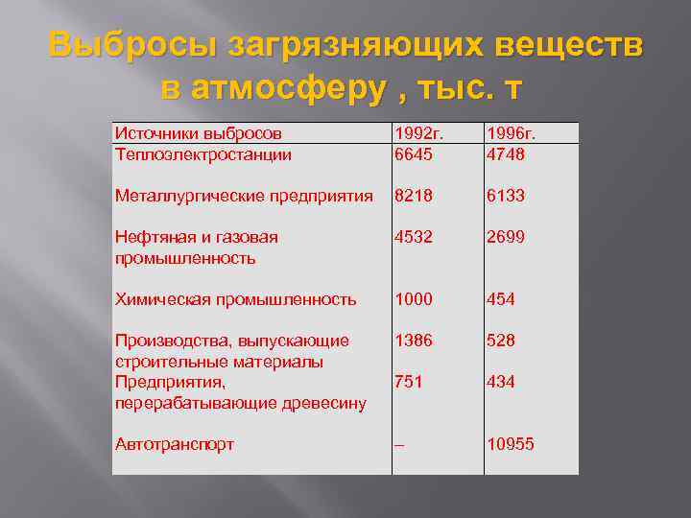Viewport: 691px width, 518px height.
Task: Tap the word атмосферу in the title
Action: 306,87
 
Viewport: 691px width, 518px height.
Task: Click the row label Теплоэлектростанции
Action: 203,153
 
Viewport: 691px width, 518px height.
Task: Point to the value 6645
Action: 414,153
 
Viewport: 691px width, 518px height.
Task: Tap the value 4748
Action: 508,153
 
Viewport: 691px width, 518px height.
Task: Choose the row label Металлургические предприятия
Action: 243,196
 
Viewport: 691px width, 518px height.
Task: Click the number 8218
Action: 414,196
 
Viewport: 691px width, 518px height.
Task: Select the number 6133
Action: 508,196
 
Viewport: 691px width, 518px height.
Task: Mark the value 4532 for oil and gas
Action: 414,237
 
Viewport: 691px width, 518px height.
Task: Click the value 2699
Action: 508,237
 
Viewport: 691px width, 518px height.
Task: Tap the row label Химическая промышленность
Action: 235,299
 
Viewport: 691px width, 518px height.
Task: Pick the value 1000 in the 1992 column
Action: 414,299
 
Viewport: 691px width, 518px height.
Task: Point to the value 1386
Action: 414,341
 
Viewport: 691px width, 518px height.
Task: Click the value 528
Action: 502,341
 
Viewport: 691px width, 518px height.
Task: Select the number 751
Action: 408,382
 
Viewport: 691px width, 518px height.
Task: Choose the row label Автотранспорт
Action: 174,444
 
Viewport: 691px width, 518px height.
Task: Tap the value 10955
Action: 512,444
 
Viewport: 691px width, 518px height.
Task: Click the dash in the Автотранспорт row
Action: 399,445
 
